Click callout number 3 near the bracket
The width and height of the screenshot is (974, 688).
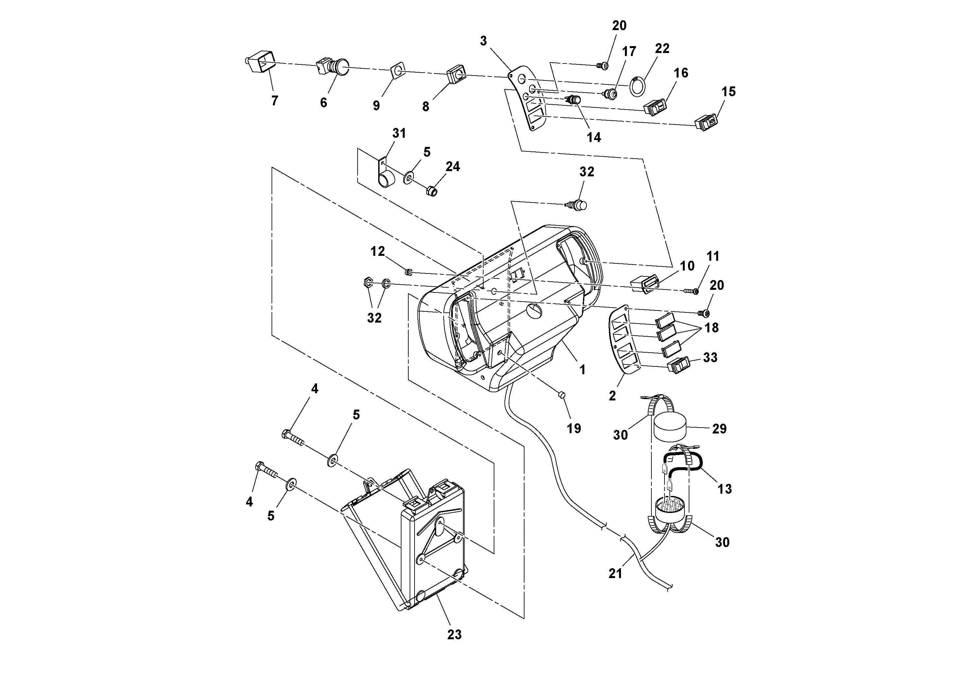(x=483, y=41)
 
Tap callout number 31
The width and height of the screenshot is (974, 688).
(x=399, y=133)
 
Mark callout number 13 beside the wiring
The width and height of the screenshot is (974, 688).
(x=725, y=489)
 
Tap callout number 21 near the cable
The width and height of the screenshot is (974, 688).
(x=615, y=573)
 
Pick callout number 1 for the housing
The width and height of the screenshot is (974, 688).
(x=582, y=370)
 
